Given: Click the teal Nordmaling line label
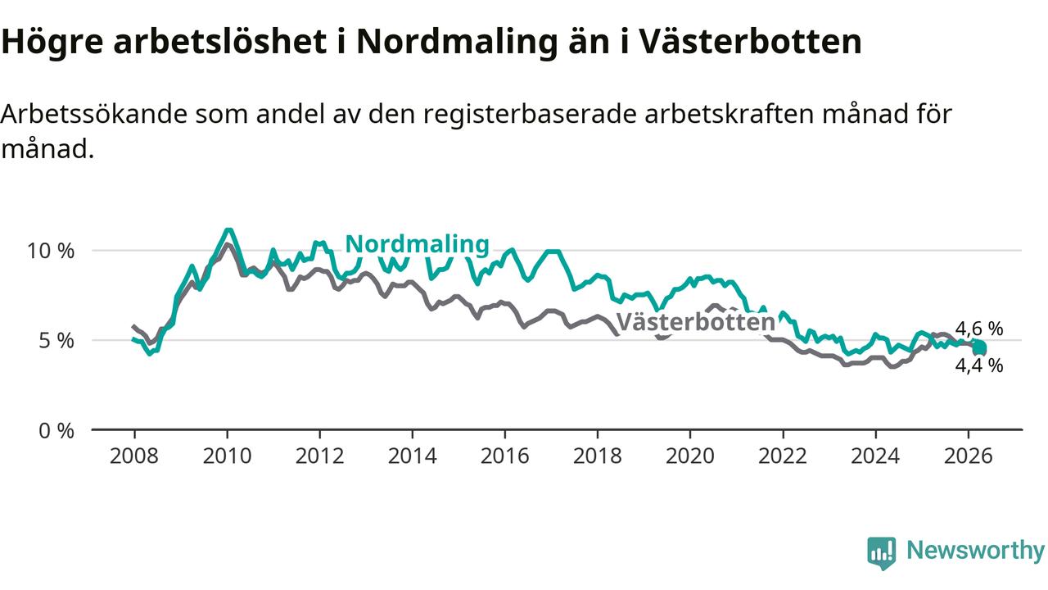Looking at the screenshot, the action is pos(417,244).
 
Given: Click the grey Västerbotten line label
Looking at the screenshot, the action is pos(696,322).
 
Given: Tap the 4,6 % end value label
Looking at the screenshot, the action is pos(978,329).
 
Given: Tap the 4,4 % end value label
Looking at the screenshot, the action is pos(978,365).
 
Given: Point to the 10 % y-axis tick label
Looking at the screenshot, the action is pos(51,251).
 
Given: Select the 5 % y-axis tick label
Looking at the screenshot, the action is pos(56,340).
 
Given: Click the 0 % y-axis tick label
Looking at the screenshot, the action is pos(56,430).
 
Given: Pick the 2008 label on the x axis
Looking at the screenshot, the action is pos(134,456).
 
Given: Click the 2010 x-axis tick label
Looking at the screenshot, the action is pos(227,456).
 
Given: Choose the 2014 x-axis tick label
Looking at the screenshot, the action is pos(412,456).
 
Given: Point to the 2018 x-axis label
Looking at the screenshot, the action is pos(598,456).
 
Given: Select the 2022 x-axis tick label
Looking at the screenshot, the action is pos(783,456).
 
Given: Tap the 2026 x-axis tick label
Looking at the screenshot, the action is pos(968,456).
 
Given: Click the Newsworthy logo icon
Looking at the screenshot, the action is pos(882,553).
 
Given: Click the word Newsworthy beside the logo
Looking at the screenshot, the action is pos(975,551).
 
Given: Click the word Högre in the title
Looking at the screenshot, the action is pos(52,42).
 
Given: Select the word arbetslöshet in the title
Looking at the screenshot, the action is pos(220,41).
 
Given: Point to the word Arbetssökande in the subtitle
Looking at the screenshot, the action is pos(94,114).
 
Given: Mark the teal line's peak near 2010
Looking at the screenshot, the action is pos(228,230).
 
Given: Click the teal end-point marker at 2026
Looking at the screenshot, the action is pos(980,348).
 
